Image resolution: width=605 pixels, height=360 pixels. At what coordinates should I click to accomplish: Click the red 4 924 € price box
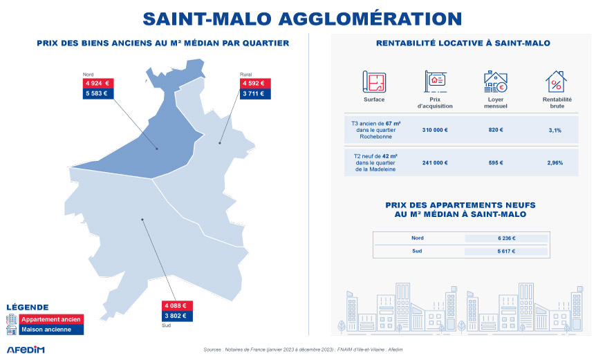[96, 84]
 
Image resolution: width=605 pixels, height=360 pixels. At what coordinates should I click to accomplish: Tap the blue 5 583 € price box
[96, 94]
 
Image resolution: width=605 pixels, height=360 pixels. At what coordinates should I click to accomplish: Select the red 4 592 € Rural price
[253, 84]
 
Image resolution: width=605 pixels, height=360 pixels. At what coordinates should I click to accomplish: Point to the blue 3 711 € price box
[253, 94]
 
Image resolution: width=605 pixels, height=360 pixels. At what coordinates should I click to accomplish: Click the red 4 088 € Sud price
[175, 306]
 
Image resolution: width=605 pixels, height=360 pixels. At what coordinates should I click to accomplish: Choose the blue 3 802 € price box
[175, 316]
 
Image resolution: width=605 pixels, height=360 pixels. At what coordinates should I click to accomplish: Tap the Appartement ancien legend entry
[51, 319]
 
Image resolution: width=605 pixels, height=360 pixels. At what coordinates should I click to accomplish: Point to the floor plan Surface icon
[374, 82]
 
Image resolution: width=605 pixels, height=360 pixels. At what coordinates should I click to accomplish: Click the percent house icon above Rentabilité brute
[556, 82]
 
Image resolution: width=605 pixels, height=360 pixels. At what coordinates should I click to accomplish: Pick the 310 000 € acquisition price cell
[435, 130]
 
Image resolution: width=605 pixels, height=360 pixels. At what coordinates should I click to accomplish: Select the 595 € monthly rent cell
[495, 163]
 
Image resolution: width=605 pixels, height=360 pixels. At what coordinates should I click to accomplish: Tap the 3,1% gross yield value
[555, 130]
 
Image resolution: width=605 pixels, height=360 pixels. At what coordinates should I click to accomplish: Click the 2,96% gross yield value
[555, 163]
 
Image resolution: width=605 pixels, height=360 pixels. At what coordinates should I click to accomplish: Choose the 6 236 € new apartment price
[506, 238]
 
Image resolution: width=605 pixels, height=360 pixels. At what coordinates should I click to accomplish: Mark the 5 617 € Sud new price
[506, 252]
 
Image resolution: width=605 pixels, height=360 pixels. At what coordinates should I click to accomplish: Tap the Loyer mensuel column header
[495, 103]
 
